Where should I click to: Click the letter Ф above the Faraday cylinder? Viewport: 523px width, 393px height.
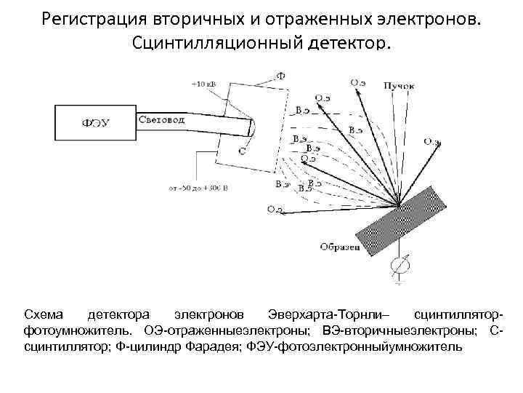[281, 75]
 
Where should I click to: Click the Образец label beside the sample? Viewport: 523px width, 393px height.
[339, 247]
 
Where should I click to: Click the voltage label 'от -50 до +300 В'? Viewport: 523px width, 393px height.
[198, 188]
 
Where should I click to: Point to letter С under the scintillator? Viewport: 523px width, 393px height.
[241, 151]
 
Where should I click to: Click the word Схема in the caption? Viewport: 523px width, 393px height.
[44, 314]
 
